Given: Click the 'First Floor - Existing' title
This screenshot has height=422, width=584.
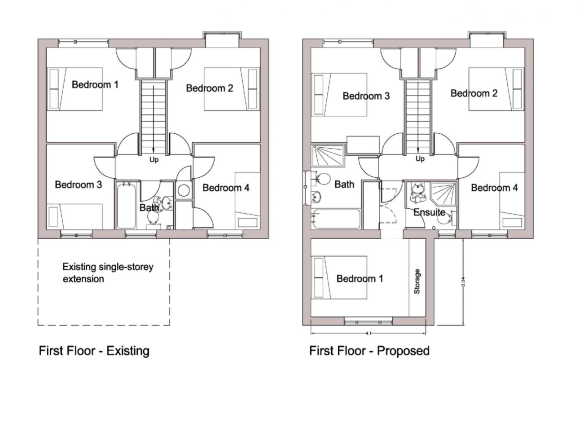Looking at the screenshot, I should coord(94,351).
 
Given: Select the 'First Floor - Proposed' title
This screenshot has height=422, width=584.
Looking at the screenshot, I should coord(369,351).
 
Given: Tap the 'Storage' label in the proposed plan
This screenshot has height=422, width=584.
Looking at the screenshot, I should coord(417,281).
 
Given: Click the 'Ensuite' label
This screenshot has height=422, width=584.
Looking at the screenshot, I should coord(429,212).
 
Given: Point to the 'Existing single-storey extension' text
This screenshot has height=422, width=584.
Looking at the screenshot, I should coord(107,273).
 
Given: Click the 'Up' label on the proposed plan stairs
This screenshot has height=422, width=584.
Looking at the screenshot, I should coord(420,159).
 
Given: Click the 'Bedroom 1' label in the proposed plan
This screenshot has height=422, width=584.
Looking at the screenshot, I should coord(360,279).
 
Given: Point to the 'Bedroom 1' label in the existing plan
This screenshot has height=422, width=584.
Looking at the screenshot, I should coord(95,84).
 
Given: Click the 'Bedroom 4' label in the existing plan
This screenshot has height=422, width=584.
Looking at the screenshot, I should coord(226,188).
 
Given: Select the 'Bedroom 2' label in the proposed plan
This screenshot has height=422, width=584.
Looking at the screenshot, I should coord(474,93).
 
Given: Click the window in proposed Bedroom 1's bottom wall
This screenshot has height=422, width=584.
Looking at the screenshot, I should coord(368,321).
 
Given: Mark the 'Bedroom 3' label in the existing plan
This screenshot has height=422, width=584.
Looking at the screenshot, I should coord(78,185).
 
